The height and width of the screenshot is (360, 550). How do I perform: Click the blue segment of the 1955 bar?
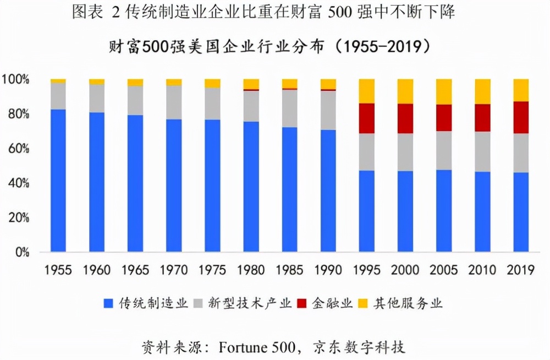coord(58,181)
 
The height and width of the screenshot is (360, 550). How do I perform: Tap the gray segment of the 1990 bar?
coord(328,110)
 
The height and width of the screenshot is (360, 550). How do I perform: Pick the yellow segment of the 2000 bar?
coord(405,91)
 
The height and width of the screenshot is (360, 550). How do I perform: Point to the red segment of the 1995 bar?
coord(367,118)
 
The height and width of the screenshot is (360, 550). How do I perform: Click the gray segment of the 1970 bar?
coord(174,102)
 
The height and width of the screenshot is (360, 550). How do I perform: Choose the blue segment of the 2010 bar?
coord(482,212)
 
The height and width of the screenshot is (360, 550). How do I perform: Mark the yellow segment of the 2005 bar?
coord(444,91)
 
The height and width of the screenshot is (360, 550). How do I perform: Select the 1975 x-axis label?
coord(212,270)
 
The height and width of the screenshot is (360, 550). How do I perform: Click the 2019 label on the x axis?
coord(521,270)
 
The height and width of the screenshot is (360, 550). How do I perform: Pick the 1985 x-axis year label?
coord(290,270)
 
